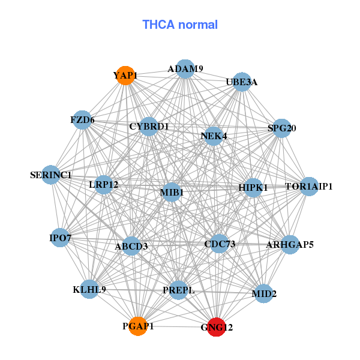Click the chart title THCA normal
coord(180,25)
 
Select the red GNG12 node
coord(216,327)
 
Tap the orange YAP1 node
coord(125,76)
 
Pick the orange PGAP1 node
coord(138,326)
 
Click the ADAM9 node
coord(185,69)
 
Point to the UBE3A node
coord(242,82)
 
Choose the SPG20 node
coord(282,128)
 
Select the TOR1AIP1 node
coord(309,187)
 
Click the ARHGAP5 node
coord(290,245)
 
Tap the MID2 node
coord(264,293)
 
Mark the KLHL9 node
coord(89,289)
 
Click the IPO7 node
coord(60,238)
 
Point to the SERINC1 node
coord(51,175)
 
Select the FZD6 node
coord(82,120)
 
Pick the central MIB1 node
coord(172,192)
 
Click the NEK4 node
coord(214,136)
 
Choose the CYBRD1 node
coord(149,127)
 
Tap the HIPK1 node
coord(253,188)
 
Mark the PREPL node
coord(178,290)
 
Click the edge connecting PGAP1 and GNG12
coord(177,326)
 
